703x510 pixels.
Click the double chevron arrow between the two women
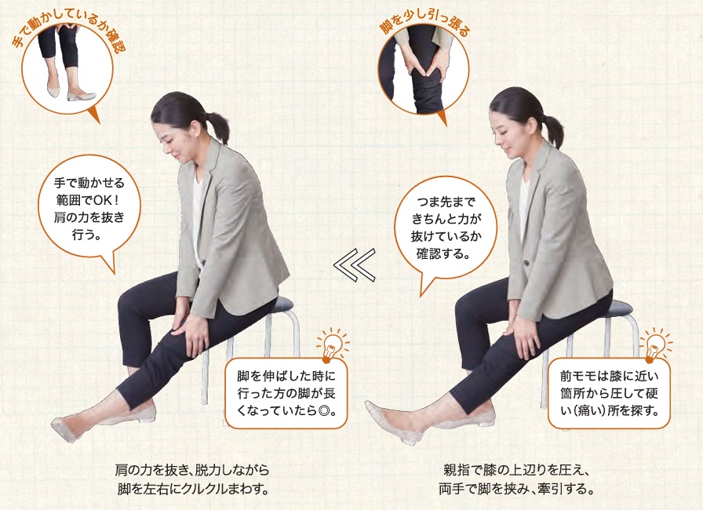tap(354, 265)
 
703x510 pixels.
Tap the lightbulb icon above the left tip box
tap(332, 345)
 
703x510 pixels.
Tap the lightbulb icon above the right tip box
tap(656, 345)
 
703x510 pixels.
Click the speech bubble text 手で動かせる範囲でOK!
tap(89, 191)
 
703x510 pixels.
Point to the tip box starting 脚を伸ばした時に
tap(286, 393)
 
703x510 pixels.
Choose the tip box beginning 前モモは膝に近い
tap(609, 393)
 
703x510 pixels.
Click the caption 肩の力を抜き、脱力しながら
tap(192, 470)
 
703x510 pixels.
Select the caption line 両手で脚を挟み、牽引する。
tap(515, 489)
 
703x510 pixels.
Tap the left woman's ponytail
tap(219, 126)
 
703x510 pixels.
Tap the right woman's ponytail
tap(553, 130)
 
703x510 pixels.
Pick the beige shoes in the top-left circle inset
tap(71, 91)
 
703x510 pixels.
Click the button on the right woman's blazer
tap(527, 261)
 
